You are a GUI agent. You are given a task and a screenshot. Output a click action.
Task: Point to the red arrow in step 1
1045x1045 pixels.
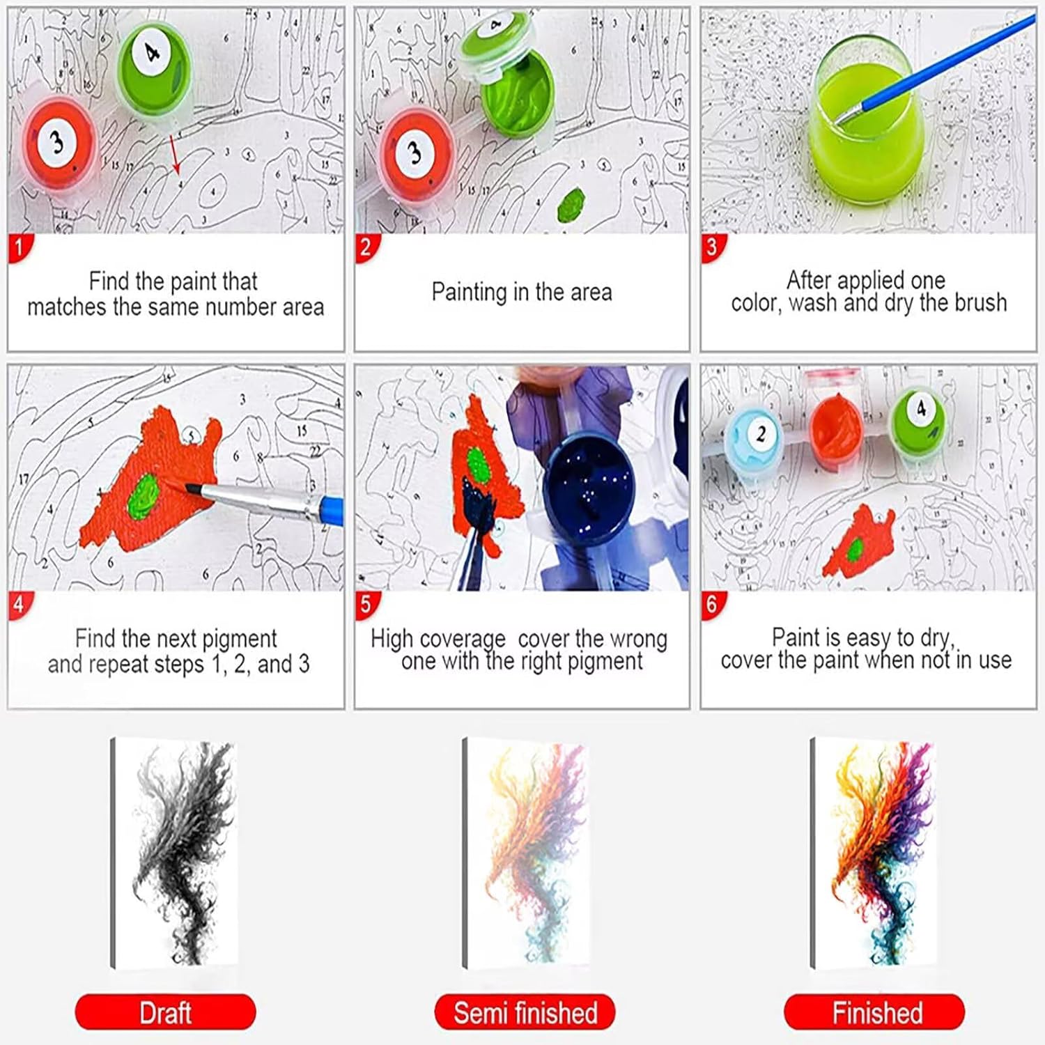tap(174, 154)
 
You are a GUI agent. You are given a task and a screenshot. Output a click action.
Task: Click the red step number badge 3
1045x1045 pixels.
tap(712, 248)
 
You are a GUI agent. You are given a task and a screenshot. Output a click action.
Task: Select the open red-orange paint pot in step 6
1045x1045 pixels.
tap(836, 425)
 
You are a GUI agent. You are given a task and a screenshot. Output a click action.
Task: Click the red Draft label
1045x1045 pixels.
tap(165, 1012)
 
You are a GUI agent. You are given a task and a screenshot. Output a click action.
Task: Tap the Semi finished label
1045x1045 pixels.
tap(525, 1012)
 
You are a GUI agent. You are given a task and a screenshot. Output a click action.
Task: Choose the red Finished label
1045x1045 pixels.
tap(875, 1012)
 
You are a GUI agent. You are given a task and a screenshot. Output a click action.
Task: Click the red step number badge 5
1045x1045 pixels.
tap(366, 605)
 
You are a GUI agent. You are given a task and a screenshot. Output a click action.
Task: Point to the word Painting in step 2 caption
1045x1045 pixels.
tap(468, 292)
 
